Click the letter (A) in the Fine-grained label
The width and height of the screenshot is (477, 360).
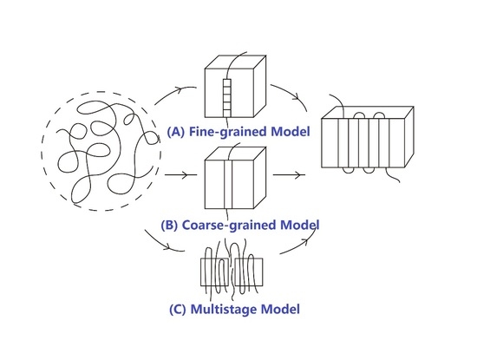[x=175, y=134]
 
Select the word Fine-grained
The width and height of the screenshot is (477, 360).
[x=223, y=134]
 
